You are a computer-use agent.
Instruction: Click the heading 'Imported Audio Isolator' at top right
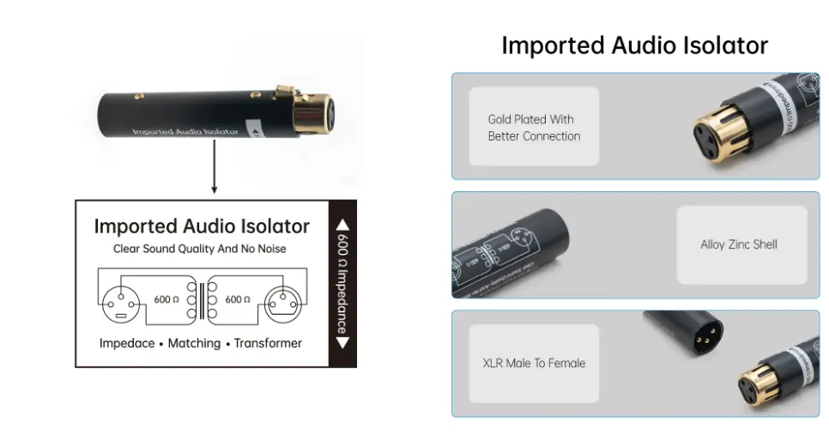(634, 45)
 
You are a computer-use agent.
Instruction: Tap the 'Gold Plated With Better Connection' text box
(534, 128)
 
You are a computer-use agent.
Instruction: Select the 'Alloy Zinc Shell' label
(739, 244)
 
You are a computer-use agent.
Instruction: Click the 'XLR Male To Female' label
(534, 363)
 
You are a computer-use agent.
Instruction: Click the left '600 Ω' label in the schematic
(166, 299)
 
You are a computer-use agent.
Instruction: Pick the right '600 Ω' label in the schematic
(238, 299)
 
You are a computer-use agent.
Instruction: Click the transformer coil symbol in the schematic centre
(202, 300)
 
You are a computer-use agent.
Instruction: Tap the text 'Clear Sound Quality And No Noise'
(200, 249)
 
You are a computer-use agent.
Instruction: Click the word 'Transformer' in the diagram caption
(269, 343)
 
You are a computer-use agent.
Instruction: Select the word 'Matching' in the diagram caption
(194, 343)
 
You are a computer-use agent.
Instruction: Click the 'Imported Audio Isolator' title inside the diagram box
(202, 226)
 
